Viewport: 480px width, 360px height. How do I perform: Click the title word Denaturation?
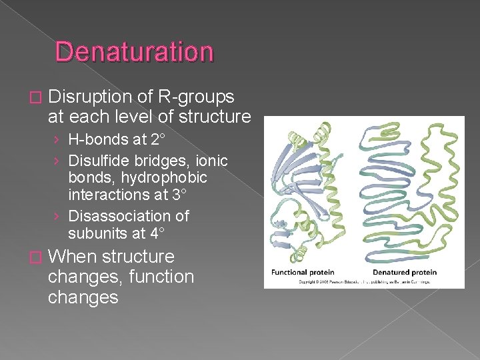click(134, 52)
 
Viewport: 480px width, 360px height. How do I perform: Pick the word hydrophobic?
click(137, 178)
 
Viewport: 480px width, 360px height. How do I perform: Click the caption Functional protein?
click(302, 272)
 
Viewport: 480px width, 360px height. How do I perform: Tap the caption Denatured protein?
click(404, 272)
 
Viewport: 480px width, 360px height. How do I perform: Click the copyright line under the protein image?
click(355, 282)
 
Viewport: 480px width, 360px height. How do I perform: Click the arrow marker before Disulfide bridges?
click(59, 161)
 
